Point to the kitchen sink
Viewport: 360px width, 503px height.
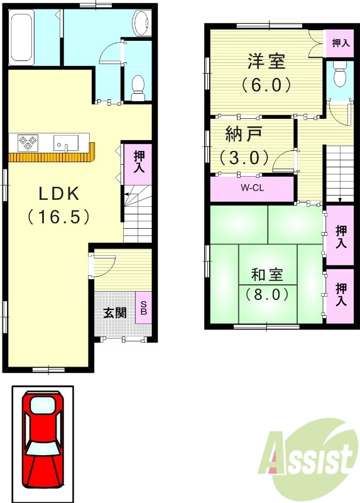pyautogui.click(x=65, y=143)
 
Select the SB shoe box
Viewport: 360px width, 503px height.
pyautogui.click(x=143, y=307)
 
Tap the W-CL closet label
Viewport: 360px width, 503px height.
pyautogui.click(x=251, y=188)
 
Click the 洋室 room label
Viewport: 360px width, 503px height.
pyautogui.click(x=266, y=62)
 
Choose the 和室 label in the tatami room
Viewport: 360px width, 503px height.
pyautogui.click(x=267, y=275)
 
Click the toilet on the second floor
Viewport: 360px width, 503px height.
pyautogui.click(x=340, y=76)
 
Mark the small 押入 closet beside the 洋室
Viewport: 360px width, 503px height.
pyautogui.click(x=340, y=43)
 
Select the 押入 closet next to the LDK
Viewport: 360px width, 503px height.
pyautogui.click(x=138, y=162)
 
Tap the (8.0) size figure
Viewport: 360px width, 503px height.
pyautogui.click(x=267, y=294)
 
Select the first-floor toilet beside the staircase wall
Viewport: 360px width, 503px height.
pyautogui.click(x=136, y=86)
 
